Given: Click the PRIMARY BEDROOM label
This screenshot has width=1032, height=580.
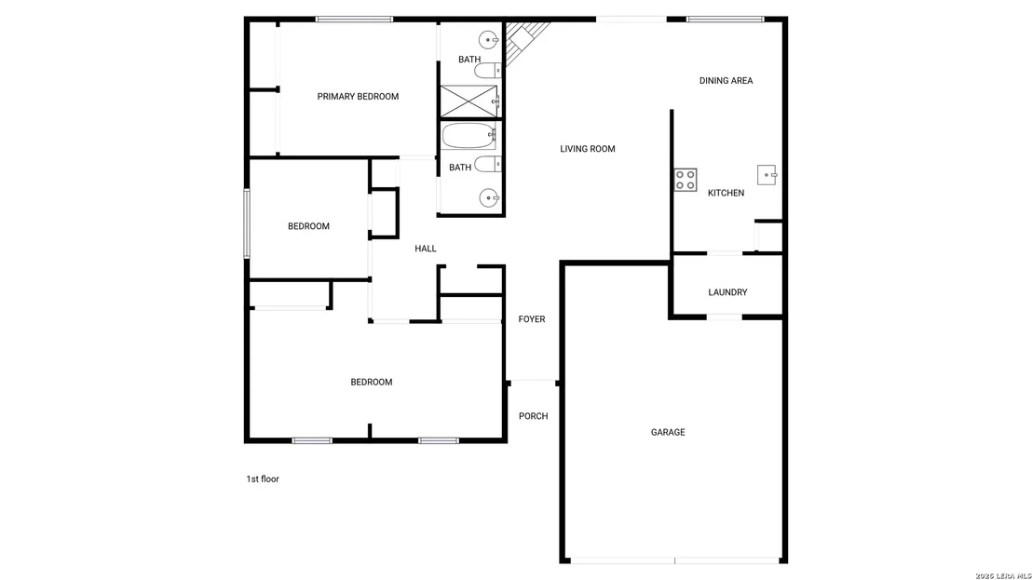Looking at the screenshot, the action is (358, 97).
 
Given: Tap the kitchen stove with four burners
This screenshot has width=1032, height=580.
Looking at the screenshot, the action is (686, 181).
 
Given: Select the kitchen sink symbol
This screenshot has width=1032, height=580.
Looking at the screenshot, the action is (767, 175).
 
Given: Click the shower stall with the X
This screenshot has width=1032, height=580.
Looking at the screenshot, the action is (468, 101).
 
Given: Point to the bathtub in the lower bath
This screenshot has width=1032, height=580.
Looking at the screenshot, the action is (468, 136).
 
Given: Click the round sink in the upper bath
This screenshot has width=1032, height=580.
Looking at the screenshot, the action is (488, 40).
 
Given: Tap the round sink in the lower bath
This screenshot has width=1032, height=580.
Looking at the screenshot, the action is (489, 197).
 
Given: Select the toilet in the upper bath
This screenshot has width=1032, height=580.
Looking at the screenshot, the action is (488, 70).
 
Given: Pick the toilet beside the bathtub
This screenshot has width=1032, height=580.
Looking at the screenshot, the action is (488, 165).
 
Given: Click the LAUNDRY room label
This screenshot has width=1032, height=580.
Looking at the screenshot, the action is (727, 292).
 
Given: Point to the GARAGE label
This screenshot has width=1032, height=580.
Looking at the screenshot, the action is (668, 433).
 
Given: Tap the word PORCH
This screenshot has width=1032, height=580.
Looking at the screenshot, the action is (533, 416).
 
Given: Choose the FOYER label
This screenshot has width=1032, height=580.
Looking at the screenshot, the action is (532, 319).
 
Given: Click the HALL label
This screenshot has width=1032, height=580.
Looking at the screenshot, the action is (425, 249).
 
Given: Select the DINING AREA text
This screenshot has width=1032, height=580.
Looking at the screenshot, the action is (726, 81).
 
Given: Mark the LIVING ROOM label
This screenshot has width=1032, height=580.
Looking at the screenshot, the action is (588, 149).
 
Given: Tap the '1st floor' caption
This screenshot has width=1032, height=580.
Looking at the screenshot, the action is (263, 479).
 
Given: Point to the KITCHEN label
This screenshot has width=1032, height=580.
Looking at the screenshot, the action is (726, 194).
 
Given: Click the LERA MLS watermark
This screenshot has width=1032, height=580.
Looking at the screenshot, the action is (1002, 576).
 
